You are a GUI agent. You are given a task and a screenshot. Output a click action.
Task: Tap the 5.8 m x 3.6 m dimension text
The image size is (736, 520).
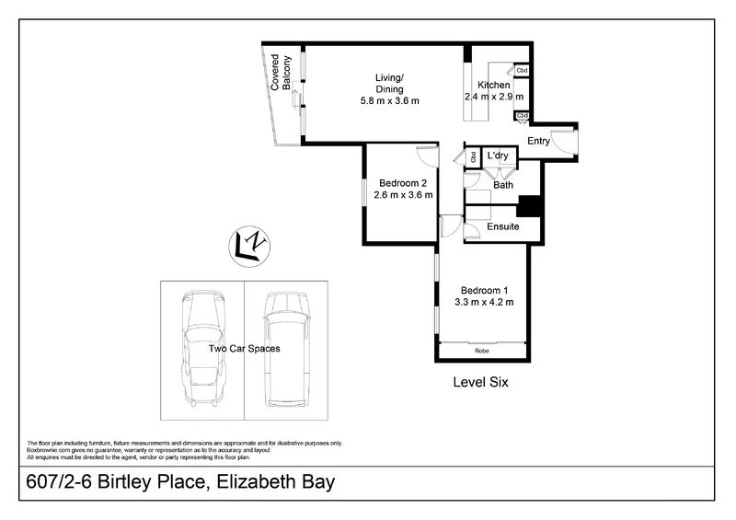click(x=389, y=101)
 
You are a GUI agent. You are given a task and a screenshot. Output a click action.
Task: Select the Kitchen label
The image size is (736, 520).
click(x=494, y=85)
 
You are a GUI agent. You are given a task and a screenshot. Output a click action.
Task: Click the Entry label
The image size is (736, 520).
click(x=538, y=141)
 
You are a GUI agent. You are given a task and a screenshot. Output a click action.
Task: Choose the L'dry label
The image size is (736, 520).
click(x=498, y=156)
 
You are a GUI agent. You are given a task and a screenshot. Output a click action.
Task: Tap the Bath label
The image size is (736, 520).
click(x=503, y=185)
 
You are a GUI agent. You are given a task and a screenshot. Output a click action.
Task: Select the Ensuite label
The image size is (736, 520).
click(x=503, y=226)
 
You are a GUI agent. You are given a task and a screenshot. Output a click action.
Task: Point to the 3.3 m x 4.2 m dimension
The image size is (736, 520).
click(x=483, y=302)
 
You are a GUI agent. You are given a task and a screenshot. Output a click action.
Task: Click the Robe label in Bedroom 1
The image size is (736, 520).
click(x=481, y=351)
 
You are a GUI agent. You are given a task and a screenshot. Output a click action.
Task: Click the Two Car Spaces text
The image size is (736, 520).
click(x=244, y=350)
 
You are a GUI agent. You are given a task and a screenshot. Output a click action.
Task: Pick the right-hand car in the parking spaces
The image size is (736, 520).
click(x=284, y=350)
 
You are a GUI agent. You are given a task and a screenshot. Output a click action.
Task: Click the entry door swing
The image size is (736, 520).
click(x=566, y=140)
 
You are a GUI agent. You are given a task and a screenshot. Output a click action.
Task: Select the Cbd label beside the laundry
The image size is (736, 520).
click(x=474, y=157)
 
